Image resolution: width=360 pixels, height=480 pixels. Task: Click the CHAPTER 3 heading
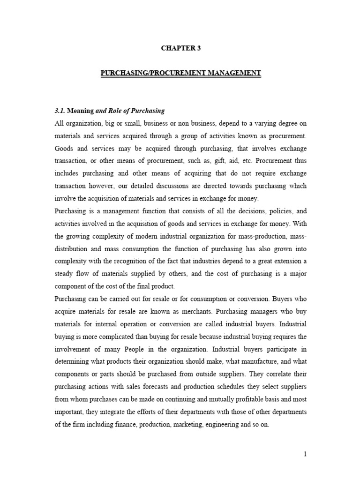click(x=180, y=47)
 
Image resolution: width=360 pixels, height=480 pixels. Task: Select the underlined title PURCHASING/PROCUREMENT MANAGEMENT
click(x=180, y=73)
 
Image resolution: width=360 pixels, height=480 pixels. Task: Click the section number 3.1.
click(x=60, y=111)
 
